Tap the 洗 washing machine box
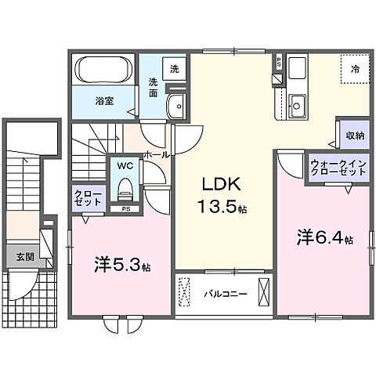pyautogui.click(x=174, y=68)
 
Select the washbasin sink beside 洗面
pyautogui.click(x=177, y=107)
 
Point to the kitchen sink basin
pyautogui.click(x=297, y=102)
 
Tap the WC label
pyautogui.click(x=125, y=166)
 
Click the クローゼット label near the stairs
pyautogui.click(x=89, y=197)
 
